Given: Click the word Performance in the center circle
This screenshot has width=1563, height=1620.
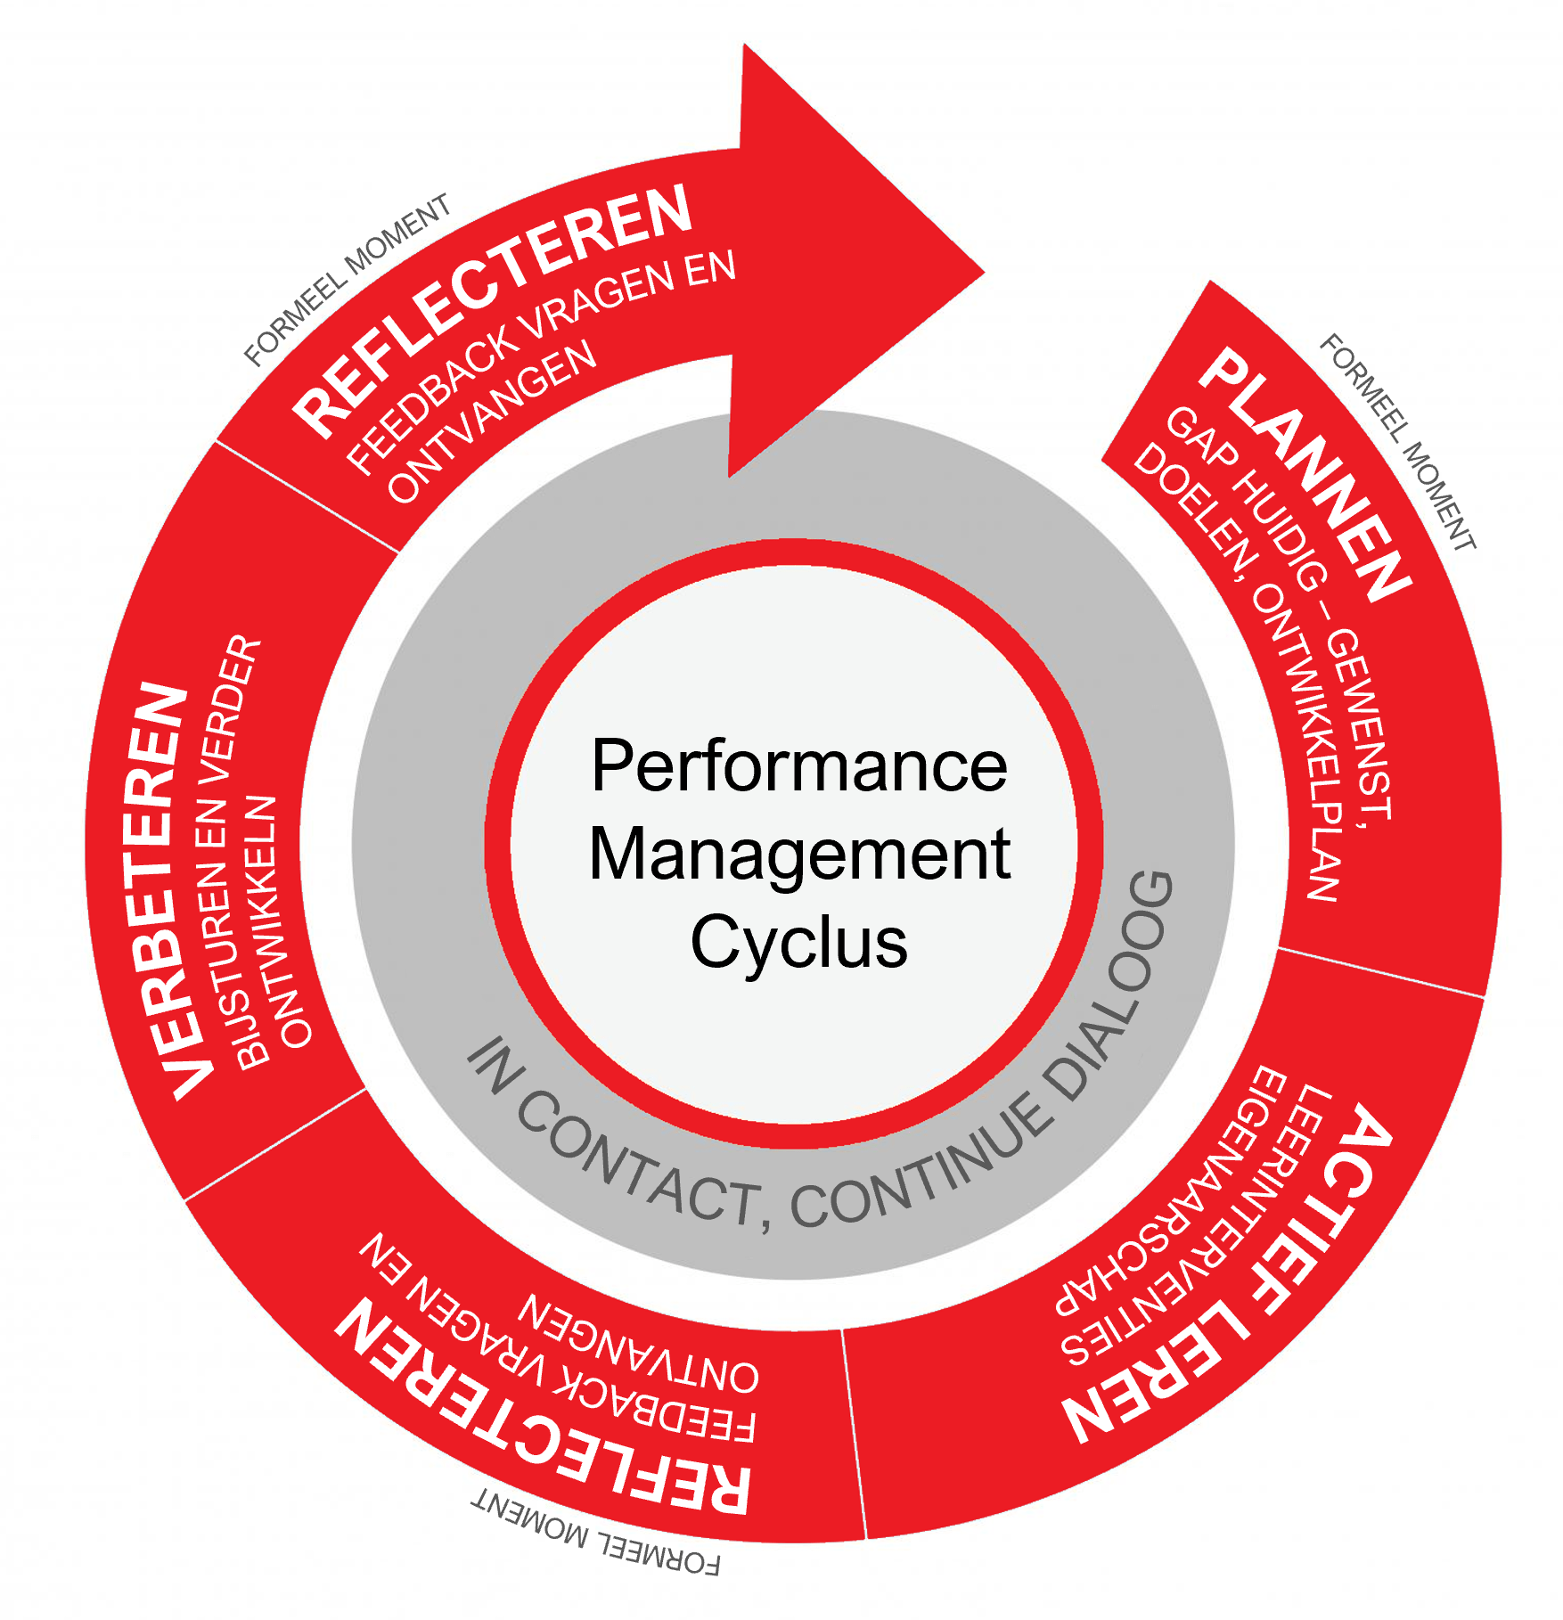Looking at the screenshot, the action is (x=799, y=765).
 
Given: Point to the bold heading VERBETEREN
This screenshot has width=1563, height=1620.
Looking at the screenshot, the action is (x=165, y=891).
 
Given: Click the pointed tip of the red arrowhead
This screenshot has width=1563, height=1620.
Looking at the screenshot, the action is (x=985, y=272).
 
